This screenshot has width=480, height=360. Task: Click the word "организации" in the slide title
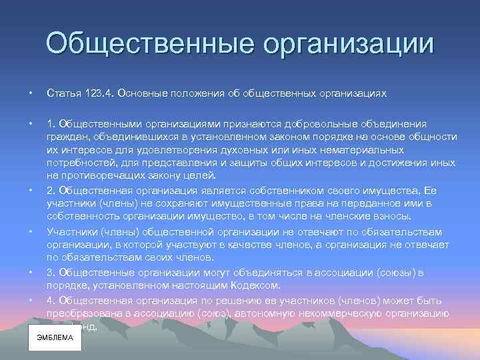click(348, 45)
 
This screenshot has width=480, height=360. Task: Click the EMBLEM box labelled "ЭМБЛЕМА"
click(55, 337)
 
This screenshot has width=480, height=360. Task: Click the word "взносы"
click(394, 216)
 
